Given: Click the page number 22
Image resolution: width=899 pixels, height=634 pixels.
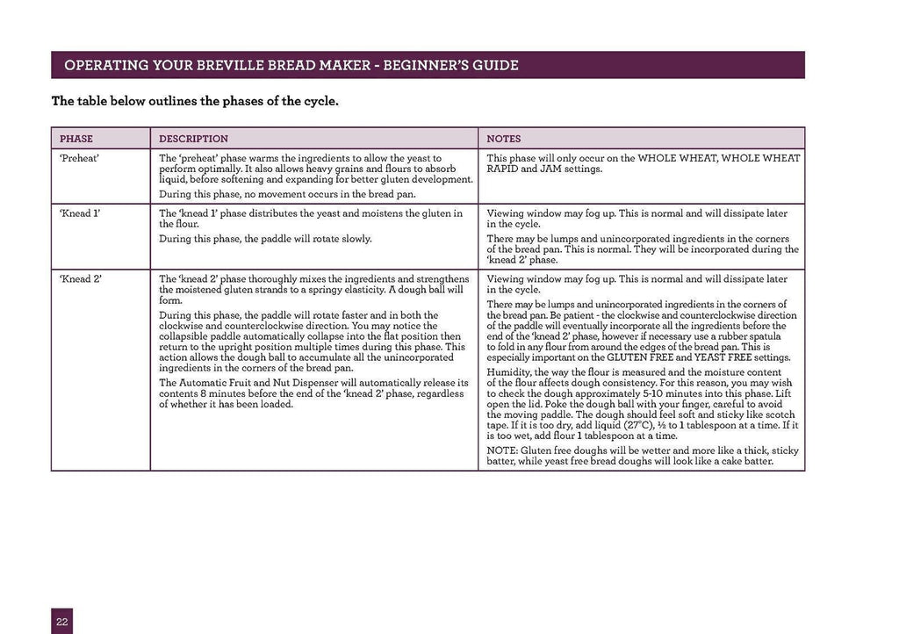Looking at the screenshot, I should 61,621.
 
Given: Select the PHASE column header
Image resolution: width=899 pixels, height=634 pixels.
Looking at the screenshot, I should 76,139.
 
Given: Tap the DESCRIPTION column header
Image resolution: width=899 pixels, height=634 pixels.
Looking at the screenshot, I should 193,139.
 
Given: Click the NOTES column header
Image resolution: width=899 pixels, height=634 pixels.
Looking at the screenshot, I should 504,139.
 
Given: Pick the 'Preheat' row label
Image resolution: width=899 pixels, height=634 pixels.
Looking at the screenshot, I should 79,159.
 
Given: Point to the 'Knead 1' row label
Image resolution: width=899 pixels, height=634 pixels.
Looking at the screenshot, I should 79,213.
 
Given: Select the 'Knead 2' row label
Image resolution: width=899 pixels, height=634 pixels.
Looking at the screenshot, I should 79,279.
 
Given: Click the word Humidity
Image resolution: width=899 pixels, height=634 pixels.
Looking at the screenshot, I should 510,371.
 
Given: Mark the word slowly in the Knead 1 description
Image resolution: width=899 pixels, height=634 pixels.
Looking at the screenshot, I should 354,239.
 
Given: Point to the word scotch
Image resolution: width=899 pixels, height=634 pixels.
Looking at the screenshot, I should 779,414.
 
